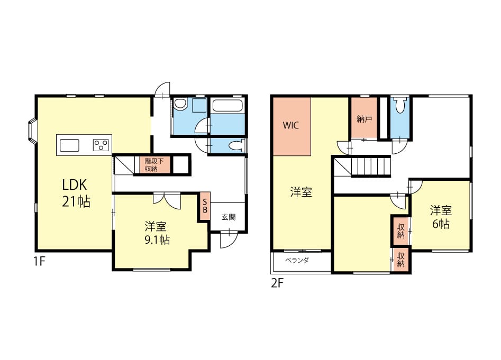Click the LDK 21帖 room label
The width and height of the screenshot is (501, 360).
[x=76, y=193]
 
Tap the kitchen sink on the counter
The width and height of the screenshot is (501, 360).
[x=69, y=145]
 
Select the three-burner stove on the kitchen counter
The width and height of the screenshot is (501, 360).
[x=101, y=145]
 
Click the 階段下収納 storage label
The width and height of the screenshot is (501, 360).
[x=154, y=165]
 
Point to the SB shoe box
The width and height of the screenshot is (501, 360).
[x=205, y=206]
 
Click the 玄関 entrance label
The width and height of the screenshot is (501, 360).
[x=229, y=217]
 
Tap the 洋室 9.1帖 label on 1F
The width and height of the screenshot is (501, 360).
[x=157, y=233]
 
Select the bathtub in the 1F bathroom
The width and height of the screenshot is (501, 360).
[x=228, y=105]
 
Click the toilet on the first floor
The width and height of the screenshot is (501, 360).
[x=237, y=145]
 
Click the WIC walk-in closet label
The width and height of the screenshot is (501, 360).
[x=291, y=125]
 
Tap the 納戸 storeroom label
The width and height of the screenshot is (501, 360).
[x=365, y=119]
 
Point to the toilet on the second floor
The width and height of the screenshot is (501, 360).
[x=400, y=105]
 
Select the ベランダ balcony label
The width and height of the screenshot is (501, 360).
[x=297, y=261]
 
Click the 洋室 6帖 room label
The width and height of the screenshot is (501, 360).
[x=441, y=217]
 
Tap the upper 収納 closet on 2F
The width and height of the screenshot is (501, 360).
[x=400, y=230]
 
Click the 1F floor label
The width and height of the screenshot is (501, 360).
[x=40, y=262]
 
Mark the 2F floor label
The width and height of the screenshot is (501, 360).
[x=277, y=283]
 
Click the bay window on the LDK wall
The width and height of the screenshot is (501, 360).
[x=32, y=131]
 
